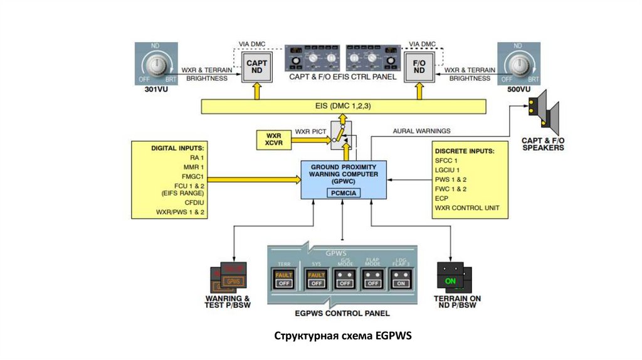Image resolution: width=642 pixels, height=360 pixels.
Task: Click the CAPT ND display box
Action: pos(256,67)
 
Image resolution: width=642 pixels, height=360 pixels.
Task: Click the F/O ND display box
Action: pos(419,67)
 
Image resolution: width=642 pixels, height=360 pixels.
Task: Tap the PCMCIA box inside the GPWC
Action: pos(342,193)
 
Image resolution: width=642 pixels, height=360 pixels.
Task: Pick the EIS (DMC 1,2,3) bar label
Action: pos(342,107)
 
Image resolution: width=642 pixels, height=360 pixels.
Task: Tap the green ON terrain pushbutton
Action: pos(451,281)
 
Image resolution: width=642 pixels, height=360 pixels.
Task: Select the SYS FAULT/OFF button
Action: pos(316,278)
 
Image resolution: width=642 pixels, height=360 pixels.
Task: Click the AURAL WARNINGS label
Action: pos(421,130)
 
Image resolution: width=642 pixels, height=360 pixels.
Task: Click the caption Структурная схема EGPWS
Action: pos(342,336)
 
